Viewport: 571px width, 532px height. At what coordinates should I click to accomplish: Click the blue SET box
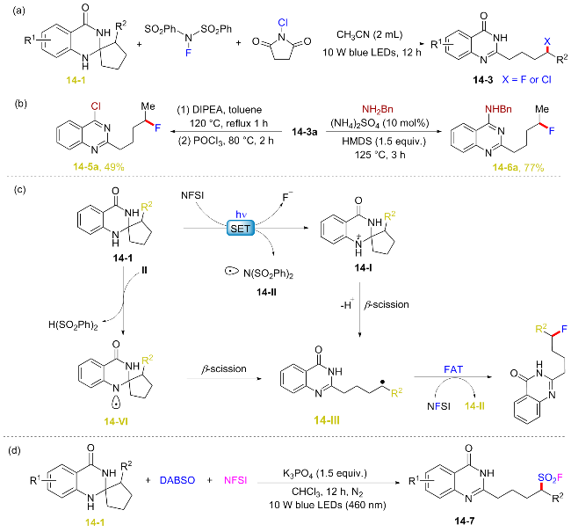[241, 229]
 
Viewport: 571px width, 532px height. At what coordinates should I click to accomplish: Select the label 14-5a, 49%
[98, 167]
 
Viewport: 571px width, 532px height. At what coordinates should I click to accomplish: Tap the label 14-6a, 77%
[518, 167]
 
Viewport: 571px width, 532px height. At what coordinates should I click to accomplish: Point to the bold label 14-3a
[305, 132]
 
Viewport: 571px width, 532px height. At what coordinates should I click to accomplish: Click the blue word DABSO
[177, 480]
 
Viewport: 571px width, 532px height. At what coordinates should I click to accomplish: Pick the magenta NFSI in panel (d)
[235, 480]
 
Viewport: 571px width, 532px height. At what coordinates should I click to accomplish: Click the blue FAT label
[453, 369]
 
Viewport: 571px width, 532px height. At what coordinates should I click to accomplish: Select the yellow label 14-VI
[115, 421]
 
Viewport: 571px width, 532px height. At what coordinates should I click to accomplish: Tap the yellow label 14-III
[327, 420]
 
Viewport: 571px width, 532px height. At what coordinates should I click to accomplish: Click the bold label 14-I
[363, 268]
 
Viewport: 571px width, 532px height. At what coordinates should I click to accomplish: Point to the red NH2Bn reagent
[377, 109]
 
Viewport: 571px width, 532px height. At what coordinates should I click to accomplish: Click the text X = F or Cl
[526, 79]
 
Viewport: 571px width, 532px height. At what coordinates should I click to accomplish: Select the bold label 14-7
[465, 521]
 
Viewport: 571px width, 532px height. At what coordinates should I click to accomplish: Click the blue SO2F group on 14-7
[550, 477]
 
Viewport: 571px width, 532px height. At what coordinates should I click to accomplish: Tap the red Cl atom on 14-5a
[96, 106]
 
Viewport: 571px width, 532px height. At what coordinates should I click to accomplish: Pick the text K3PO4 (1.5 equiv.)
[325, 474]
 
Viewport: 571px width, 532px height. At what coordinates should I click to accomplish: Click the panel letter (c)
[19, 190]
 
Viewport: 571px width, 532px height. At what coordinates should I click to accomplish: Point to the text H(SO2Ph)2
[73, 324]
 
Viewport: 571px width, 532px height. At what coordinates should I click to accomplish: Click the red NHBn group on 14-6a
[498, 109]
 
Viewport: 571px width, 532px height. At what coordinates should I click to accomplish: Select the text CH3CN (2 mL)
[369, 35]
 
